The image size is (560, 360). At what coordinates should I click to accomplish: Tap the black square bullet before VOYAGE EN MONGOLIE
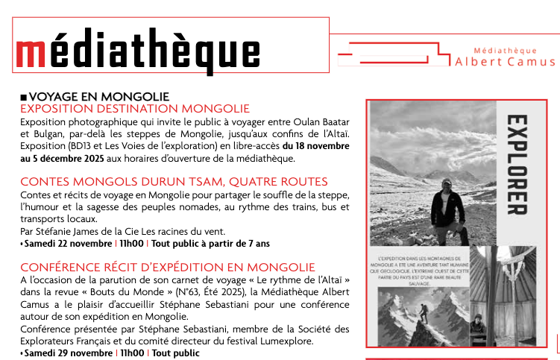[x=24, y=97]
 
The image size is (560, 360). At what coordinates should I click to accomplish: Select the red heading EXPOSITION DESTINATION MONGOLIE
[x=135, y=109]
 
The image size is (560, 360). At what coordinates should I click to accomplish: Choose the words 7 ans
[x=261, y=243]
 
